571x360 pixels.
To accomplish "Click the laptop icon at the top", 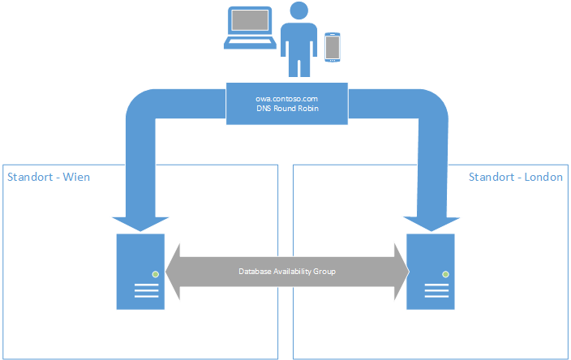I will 251,29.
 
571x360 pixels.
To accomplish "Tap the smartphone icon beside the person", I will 332,46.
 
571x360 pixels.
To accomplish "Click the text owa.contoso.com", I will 288,97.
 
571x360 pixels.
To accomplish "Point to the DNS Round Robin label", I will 288,109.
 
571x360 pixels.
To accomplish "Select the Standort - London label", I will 516,177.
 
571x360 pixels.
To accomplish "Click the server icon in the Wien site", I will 141,272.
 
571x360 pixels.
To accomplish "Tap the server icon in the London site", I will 431,272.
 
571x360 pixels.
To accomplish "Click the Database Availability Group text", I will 287,272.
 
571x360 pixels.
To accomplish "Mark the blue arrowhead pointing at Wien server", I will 141,223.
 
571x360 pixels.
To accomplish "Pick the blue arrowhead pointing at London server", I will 429,223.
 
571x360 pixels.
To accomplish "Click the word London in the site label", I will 543,177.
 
